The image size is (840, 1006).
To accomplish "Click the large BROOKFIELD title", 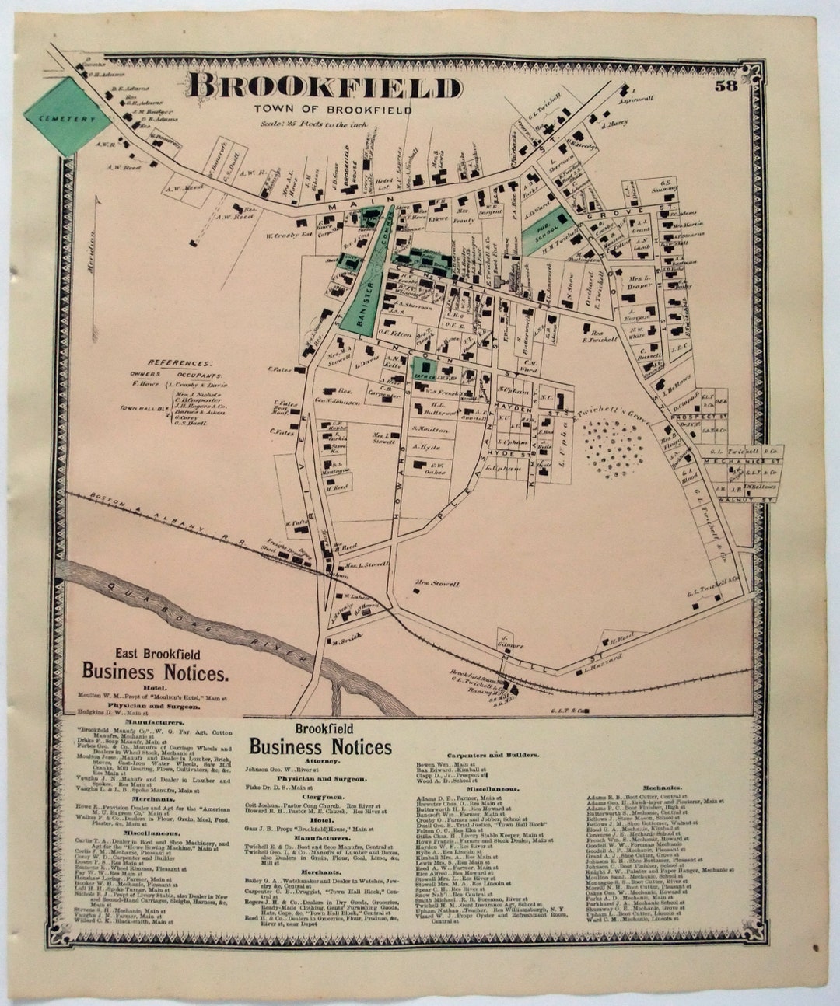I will click(x=325, y=87).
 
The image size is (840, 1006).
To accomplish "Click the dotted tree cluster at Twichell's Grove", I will click(x=618, y=448).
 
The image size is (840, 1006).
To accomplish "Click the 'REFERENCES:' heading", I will click(x=180, y=363).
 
